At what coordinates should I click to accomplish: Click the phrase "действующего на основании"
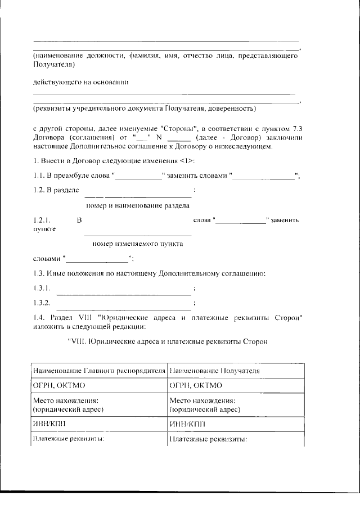[x=77, y=82]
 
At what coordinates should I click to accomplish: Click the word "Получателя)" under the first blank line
[x=50, y=65]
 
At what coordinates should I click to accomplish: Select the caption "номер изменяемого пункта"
[x=137, y=244]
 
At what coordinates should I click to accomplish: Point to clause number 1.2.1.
[x=42, y=220]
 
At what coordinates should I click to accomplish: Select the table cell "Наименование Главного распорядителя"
[x=99, y=372]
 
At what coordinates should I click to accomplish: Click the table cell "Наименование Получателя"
[x=214, y=372]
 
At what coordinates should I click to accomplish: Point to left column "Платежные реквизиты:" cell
[x=70, y=439]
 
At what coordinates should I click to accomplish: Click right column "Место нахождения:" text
[x=202, y=400]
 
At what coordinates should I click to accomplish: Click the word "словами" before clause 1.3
[x=47, y=259]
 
